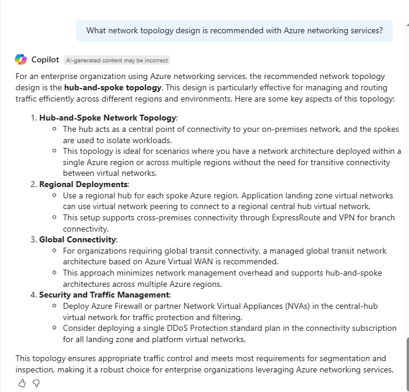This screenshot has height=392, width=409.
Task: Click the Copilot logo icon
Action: tap(21, 59)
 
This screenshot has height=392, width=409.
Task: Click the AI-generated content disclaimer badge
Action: tap(117, 60)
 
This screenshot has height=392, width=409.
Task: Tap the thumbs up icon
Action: tap(22, 383)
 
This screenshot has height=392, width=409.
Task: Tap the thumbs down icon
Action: tap(36, 383)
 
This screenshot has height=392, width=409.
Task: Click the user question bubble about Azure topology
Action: tap(234, 30)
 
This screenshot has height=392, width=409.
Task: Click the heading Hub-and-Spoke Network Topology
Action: tap(108, 118)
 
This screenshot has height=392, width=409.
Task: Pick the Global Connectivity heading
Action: tap(78, 240)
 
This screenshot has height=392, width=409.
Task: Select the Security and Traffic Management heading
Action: tap(104, 295)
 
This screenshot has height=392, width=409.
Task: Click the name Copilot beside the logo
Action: tap(45, 60)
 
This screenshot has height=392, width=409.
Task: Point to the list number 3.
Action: tap(33, 240)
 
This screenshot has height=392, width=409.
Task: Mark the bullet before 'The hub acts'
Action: tap(55, 129)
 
